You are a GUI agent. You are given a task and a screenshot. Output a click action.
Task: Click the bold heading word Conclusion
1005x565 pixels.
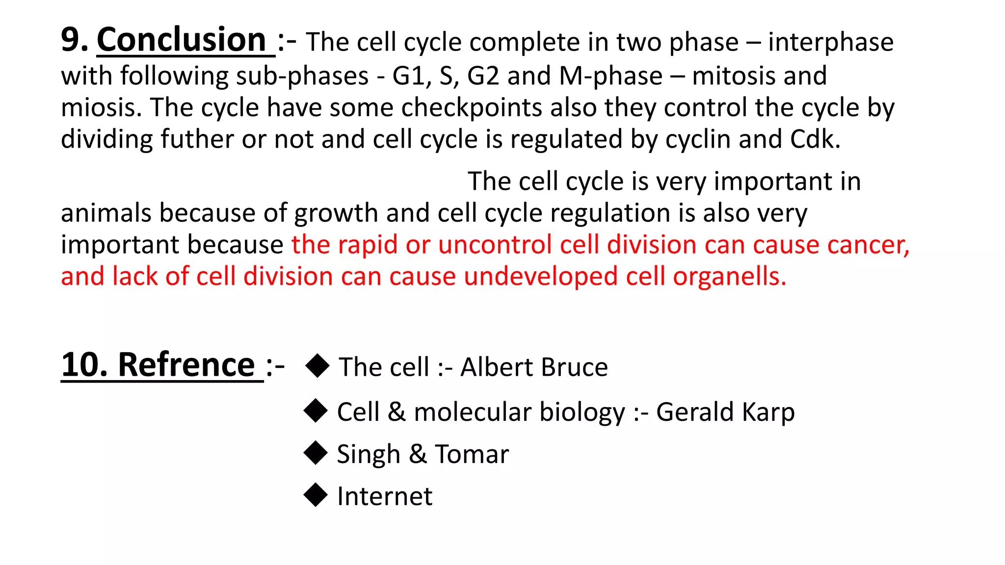pyautogui.click(x=182, y=40)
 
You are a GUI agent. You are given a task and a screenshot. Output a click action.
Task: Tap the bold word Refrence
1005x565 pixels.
pyautogui.click(x=186, y=365)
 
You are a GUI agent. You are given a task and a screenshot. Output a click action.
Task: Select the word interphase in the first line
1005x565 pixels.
pyautogui.click(x=830, y=42)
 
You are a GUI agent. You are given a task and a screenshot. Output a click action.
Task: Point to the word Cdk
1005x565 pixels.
pyautogui.click(x=815, y=140)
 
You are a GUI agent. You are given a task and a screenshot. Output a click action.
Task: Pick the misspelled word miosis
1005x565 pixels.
pyautogui.click(x=101, y=108)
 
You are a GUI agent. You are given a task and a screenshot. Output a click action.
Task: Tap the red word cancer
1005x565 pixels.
pyautogui.click(x=869, y=245)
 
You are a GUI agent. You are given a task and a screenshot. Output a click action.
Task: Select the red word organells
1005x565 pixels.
pyautogui.click(x=729, y=277)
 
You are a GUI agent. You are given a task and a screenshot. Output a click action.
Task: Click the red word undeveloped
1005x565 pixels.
pyautogui.click(x=540, y=277)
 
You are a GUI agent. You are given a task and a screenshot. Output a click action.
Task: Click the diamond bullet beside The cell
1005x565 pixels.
pyautogui.click(x=317, y=366)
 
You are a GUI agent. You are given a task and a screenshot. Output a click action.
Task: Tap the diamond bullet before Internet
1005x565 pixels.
pyautogui.click(x=316, y=495)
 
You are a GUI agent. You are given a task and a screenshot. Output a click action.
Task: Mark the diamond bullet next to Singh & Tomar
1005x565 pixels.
pyautogui.click(x=316, y=453)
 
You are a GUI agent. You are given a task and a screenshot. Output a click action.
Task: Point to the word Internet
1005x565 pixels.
pyautogui.click(x=385, y=496)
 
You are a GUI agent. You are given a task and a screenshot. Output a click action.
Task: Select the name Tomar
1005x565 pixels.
pyautogui.click(x=472, y=454)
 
